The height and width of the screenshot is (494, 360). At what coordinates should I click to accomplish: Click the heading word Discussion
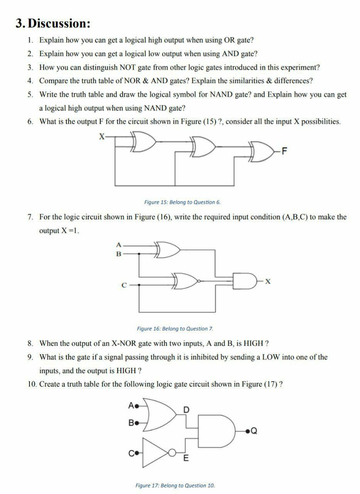click(60, 24)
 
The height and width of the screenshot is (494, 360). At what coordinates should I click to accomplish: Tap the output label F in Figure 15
click(284, 151)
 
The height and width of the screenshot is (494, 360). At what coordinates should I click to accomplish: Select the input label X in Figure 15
click(102, 136)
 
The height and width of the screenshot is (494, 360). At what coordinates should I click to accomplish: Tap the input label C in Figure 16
click(124, 286)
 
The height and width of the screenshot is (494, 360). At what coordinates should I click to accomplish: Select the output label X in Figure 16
click(268, 282)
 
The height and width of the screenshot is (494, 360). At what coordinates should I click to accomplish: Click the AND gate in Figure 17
click(216, 429)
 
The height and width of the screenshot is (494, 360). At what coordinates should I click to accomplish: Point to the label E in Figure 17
click(186, 458)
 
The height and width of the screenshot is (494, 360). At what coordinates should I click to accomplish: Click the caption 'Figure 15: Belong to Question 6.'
click(182, 202)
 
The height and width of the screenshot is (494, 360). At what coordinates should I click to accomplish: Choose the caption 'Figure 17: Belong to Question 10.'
click(175, 485)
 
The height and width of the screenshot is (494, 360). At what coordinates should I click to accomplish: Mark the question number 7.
click(30, 217)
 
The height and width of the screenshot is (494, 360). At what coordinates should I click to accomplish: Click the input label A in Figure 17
click(131, 406)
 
